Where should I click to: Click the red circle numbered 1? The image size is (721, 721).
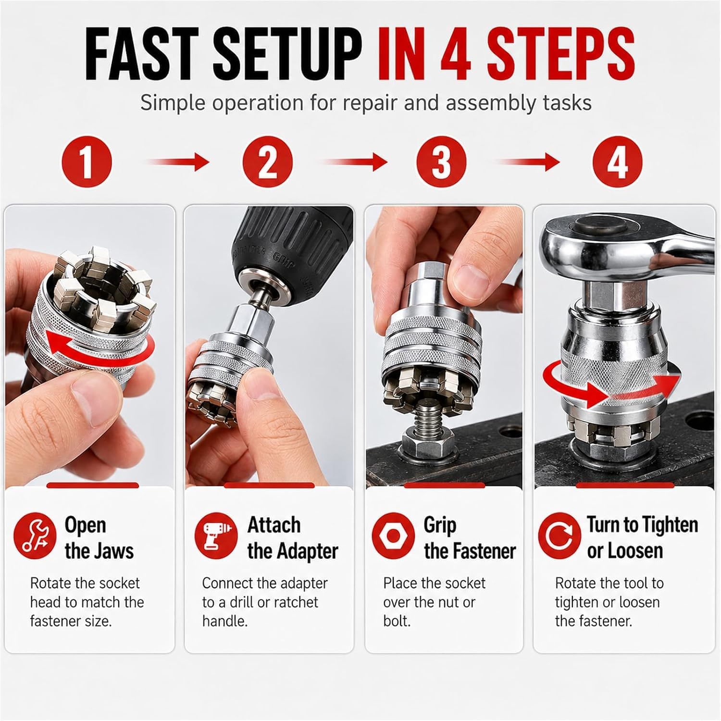pyautogui.click(x=87, y=161)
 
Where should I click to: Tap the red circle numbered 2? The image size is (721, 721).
pyautogui.click(x=267, y=161)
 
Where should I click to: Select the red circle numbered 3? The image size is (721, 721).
pyautogui.click(x=441, y=161)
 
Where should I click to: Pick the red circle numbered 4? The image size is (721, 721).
pyautogui.click(x=618, y=161)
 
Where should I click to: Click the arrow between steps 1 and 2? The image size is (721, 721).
pyautogui.click(x=177, y=162)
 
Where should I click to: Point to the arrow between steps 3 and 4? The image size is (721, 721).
pyautogui.click(x=528, y=162)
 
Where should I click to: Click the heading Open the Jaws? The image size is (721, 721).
pyautogui.click(x=99, y=537)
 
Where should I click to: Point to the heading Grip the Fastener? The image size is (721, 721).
pyautogui.click(x=470, y=537)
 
